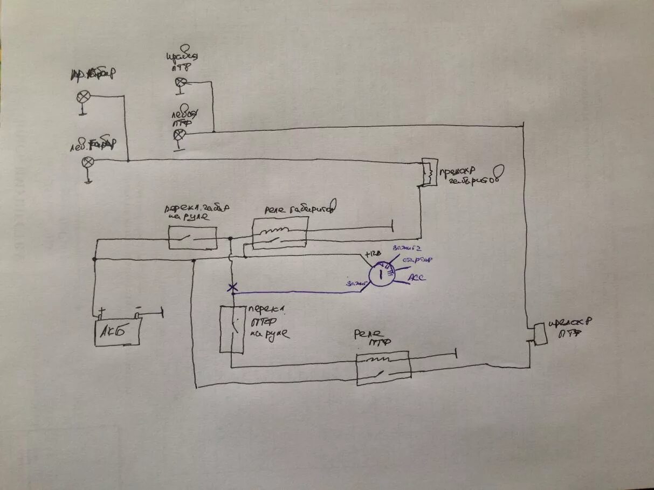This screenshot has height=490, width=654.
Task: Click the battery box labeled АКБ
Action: pos(118,331)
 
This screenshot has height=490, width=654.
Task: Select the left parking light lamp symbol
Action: pos(88,162)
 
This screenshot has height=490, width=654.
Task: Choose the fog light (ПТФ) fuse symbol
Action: pos(539,334)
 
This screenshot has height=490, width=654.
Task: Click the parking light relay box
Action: pos(280,233)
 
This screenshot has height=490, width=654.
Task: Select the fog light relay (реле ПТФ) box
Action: pos(383,368)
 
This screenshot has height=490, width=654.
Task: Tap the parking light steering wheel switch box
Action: pos(192,238)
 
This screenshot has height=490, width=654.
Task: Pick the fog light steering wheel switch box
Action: pos(232,329)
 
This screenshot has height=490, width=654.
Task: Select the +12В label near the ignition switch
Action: pos(373,254)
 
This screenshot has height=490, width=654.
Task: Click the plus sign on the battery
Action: pos(101,311)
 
